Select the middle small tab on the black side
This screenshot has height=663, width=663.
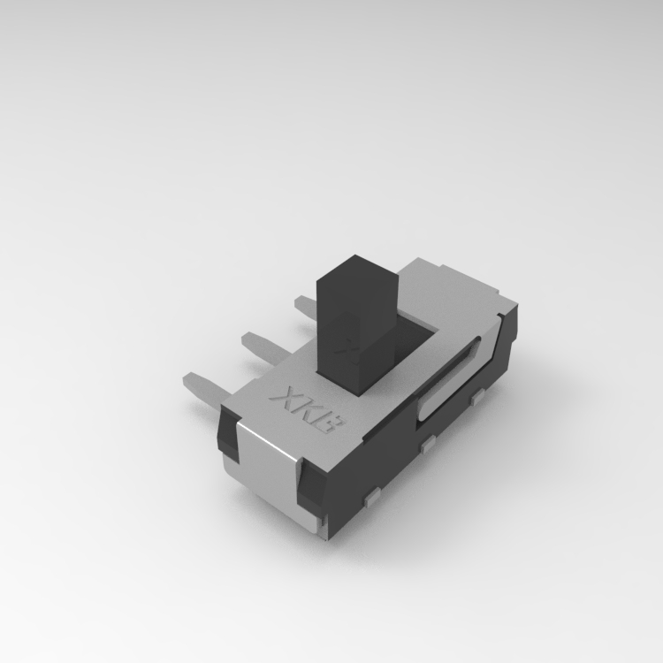429,444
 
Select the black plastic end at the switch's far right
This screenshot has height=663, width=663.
508,340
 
